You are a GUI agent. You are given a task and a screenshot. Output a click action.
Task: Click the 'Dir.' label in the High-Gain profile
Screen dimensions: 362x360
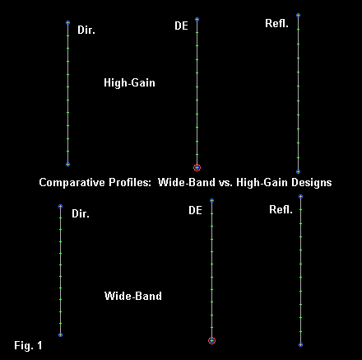(86, 30)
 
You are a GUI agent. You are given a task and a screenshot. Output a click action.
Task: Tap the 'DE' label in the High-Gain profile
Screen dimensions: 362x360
(181, 26)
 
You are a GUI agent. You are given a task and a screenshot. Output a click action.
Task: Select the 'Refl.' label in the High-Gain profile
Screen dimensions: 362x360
(276, 23)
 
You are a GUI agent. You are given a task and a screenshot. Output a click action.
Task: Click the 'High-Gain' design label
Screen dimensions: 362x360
(129, 82)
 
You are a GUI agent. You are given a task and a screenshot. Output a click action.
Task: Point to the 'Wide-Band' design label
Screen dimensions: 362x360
(133, 296)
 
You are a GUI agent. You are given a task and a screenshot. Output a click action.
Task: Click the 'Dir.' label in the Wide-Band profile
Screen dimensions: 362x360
(81, 213)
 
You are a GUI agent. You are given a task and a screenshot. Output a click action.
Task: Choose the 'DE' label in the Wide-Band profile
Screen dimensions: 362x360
(195, 210)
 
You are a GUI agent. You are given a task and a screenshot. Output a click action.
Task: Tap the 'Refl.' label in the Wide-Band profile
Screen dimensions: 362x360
(281, 209)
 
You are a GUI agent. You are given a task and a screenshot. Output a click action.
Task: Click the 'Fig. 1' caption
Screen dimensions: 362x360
(28, 345)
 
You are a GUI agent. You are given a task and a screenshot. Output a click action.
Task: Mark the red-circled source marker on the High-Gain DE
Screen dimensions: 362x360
(197, 167)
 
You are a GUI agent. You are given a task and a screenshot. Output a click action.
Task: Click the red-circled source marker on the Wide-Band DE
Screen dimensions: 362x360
(211, 340)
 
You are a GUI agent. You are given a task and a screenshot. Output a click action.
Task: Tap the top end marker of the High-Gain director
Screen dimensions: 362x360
(68, 22)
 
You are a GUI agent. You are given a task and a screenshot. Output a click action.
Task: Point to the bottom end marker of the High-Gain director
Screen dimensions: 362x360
(68, 164)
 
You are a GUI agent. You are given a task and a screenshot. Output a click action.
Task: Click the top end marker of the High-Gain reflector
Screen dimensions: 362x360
(299, 15)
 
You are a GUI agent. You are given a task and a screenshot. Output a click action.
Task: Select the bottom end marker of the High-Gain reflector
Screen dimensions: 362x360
(299, 171)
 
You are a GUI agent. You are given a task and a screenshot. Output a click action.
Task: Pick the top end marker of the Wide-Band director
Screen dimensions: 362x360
(61, 206)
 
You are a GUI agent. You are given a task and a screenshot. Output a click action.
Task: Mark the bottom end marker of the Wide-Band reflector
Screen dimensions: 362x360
(301, 344)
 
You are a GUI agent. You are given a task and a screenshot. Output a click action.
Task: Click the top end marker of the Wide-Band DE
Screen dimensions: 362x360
(211, 201)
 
